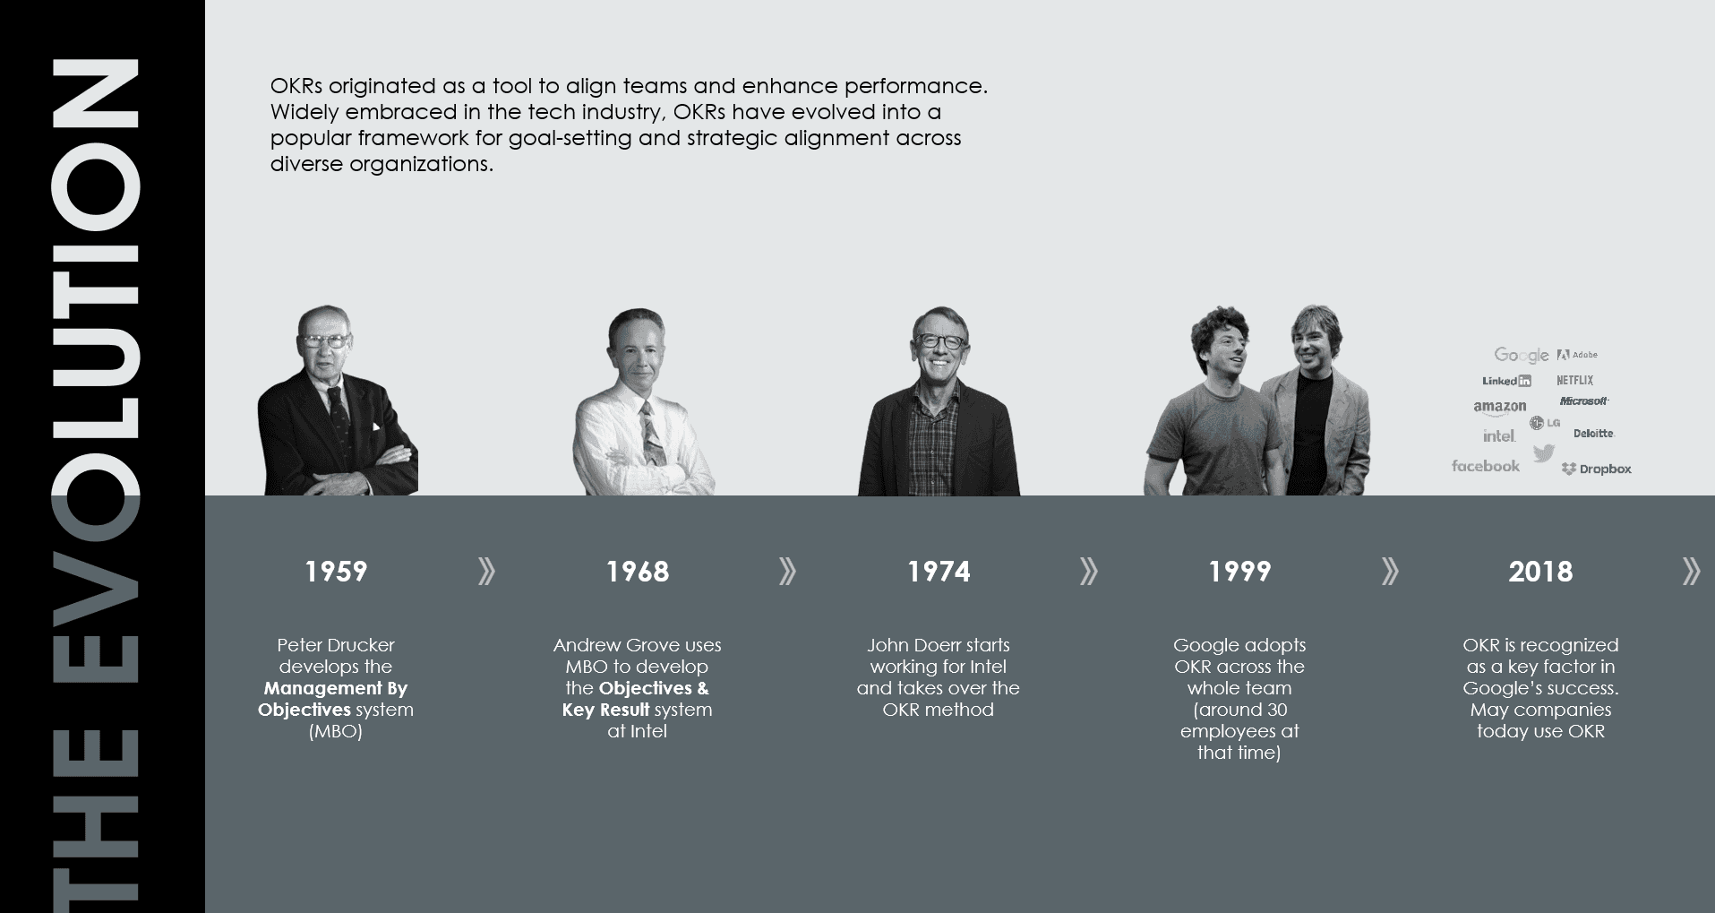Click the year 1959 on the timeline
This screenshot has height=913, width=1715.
[336, 572]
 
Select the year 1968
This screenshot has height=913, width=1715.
[638, 572]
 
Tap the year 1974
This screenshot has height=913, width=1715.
[939, 572]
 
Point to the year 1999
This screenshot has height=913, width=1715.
[1239, 572]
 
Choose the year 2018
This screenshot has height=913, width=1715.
[1540, 572]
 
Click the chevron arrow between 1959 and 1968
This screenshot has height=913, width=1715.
[486, 571]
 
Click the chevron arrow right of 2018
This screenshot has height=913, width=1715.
[1691, 571]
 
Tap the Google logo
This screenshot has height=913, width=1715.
[1521, 356]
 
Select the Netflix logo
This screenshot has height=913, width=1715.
[1575, 380]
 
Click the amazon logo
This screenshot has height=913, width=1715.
[1500, 408]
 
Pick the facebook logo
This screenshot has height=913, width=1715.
[1486, 466]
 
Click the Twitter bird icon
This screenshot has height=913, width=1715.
[1543, 453]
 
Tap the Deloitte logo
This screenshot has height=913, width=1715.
[1593, 434]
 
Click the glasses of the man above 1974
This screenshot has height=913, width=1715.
[939, 341]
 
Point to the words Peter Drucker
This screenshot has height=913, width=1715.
[336, 645]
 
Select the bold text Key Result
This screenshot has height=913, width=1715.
[605, 710]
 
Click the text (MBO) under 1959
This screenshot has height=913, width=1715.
[336, 731]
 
